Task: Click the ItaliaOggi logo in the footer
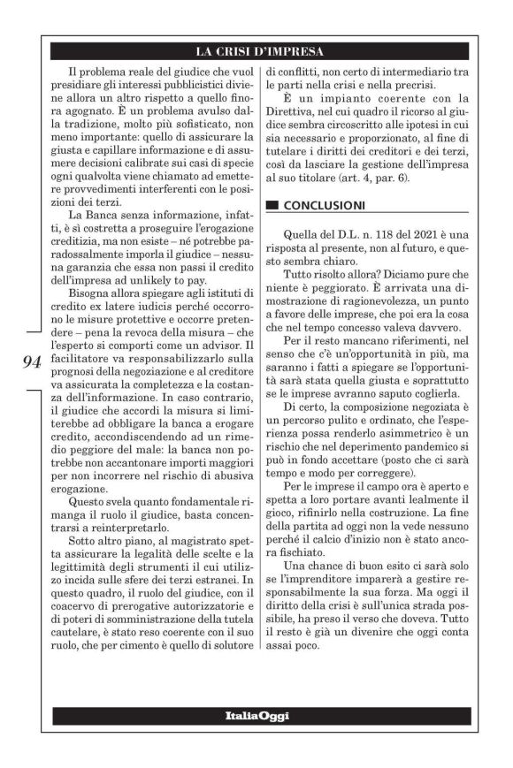(256, 715)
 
